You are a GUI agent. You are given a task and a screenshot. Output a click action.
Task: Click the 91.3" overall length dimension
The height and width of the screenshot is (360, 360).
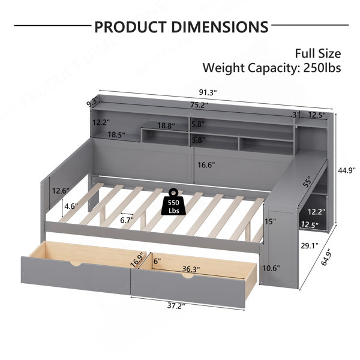[x=208, y=92]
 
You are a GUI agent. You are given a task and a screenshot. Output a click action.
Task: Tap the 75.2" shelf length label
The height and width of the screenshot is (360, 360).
[x=199, y=104]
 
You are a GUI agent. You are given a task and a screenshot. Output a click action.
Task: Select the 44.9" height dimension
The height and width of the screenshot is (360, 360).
[x=346, y=170]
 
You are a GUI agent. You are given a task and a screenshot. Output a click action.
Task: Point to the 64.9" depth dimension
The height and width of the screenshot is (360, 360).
[x=327, y=257]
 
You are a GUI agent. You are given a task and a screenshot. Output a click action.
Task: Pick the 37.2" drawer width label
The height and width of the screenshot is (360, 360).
[x=176, y=306]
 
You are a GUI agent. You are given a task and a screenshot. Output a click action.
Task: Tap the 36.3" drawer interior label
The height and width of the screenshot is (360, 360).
[x=191, y=269]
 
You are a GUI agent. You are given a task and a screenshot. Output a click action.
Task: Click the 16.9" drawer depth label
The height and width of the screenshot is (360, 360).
[x=138, y=259]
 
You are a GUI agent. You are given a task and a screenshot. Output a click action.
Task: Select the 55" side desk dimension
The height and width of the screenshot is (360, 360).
[x=307, y=182]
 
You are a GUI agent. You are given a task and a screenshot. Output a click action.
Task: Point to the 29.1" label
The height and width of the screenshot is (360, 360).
[x=310, y=246]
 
